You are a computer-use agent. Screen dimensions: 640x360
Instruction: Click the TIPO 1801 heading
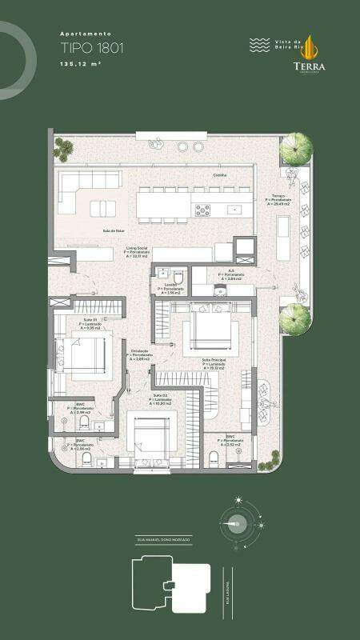[93, 48]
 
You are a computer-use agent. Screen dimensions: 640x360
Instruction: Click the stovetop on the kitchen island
[203, 210]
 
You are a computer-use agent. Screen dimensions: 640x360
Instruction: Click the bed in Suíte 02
[150, 436]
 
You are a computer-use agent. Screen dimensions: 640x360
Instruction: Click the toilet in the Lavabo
[178, 278]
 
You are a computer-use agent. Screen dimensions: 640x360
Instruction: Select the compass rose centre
[237, 524]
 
